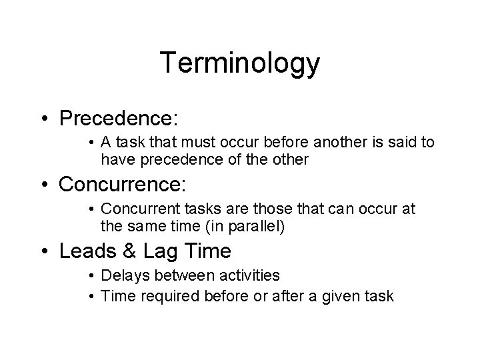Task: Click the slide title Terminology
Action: point(240,63)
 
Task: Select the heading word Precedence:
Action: point(119,118)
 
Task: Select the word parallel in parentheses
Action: point(256,226)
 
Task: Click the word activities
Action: point(246,275)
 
